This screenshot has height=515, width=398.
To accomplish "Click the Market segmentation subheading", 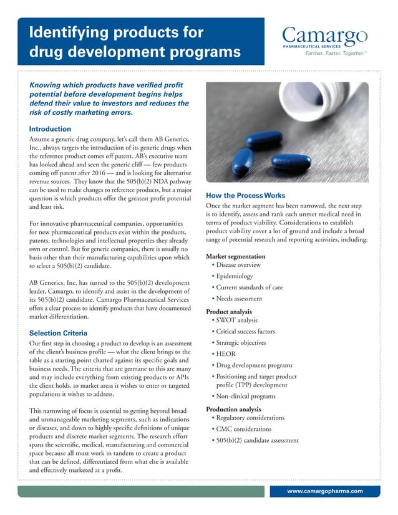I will click(235, 256).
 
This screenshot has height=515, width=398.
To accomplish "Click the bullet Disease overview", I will click(238, 265).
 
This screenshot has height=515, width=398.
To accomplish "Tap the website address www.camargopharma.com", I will click(324, 491).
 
